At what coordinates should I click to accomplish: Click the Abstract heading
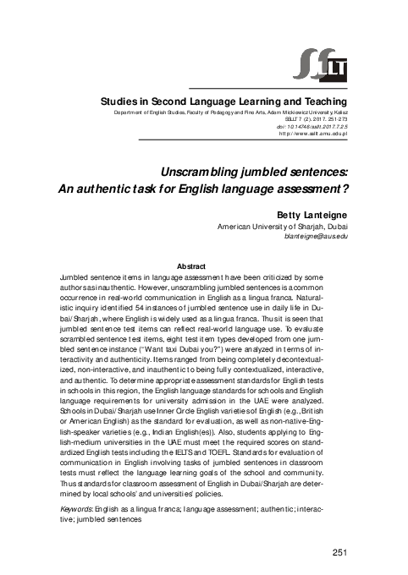204,266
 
